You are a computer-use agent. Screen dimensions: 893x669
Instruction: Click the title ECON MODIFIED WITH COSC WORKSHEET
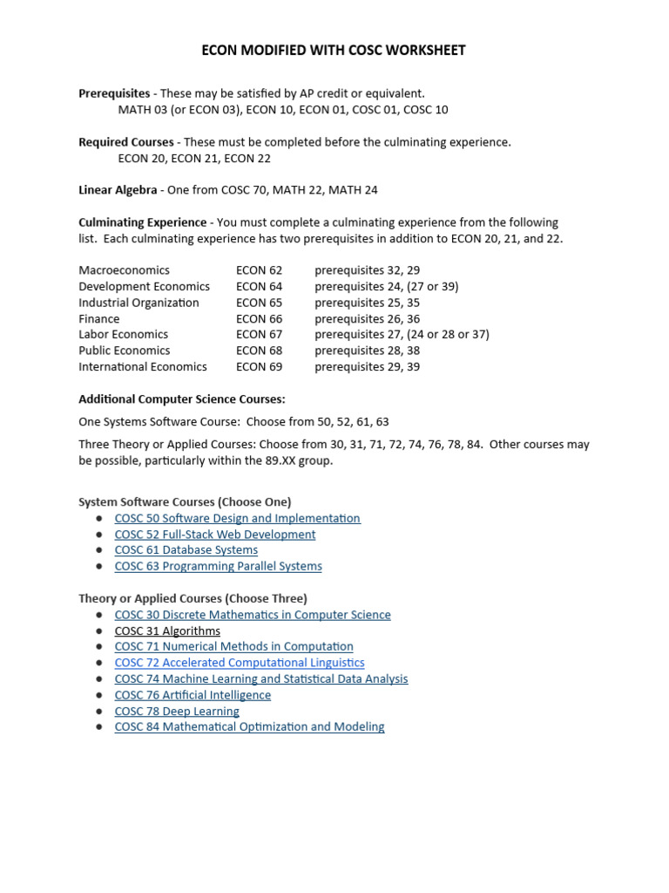tap(334, 51)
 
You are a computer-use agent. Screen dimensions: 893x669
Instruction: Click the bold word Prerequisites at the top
tap(115, 93)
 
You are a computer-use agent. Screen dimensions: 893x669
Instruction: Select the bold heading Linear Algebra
tap(118, 190)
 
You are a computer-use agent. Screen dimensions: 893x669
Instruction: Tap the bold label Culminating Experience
tap(143, 222)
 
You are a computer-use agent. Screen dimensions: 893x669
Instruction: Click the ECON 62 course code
tap(259, 270)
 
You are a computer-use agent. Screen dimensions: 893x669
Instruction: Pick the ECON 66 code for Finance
tap(259, 319)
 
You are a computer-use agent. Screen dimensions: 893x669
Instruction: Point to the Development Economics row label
tap(144, 286)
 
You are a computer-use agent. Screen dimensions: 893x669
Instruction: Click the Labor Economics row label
tap(123, 335)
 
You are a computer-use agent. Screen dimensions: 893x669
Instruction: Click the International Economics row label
tap(143, 367)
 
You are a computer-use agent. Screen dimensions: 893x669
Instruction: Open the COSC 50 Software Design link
tap(237, 518)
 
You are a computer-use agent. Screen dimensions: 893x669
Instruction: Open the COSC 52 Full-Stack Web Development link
tap(214, 535)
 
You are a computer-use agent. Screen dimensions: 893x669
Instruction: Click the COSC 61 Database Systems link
tap(186, 550)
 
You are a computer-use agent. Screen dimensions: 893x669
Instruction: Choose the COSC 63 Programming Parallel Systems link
tap(218, 566)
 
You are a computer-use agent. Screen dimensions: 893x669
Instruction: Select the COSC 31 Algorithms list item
tap(167, 631)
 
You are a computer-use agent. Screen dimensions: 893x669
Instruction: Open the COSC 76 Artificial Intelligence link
tap(193, 695)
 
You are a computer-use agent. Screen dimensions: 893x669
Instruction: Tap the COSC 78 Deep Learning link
tap(177, 712)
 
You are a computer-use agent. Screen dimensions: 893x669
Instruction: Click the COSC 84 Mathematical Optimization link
tap(249, 727)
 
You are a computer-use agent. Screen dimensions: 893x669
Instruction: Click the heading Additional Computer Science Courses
tap(182, 399)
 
